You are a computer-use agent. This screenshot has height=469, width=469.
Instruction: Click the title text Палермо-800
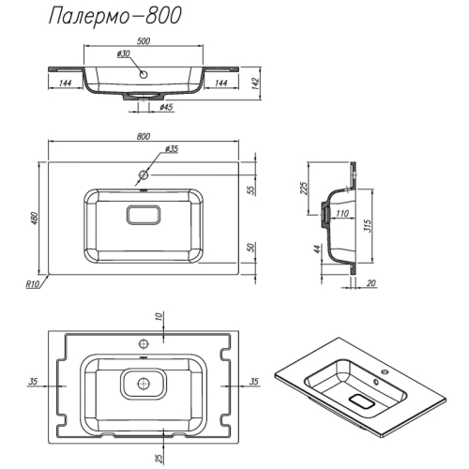(115, 16)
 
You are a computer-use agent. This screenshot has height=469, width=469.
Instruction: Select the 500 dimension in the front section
(144, 41)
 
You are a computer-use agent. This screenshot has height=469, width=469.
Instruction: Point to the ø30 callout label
(124, 53)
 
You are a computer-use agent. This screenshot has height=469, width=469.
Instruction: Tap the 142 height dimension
(256, 83)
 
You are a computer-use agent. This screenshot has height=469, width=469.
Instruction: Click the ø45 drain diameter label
(166, 108)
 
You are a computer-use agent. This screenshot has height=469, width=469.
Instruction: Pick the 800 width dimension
(144, 136)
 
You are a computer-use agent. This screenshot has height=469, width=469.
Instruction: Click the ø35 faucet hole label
(172, 149)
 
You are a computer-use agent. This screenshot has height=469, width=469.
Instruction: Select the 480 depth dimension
(35, 219)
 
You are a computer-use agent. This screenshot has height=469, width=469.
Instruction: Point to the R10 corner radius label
(32, 284)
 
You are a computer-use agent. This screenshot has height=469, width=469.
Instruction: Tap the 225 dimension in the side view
(304, 188)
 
